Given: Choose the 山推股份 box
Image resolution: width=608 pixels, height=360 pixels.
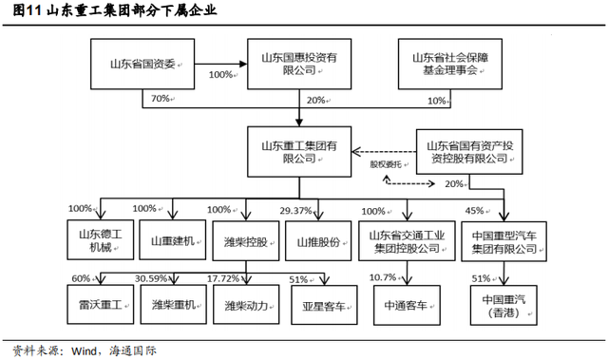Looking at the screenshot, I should pos(318,241).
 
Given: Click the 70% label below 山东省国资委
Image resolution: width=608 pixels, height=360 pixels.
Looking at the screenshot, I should pos(160,99).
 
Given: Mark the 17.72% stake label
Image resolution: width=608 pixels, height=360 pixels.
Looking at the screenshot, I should pos(223,278).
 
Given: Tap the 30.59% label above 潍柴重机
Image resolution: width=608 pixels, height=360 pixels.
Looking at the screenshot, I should pos(154,278).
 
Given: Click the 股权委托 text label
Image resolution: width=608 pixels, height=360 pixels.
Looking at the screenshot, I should pos(386,163).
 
